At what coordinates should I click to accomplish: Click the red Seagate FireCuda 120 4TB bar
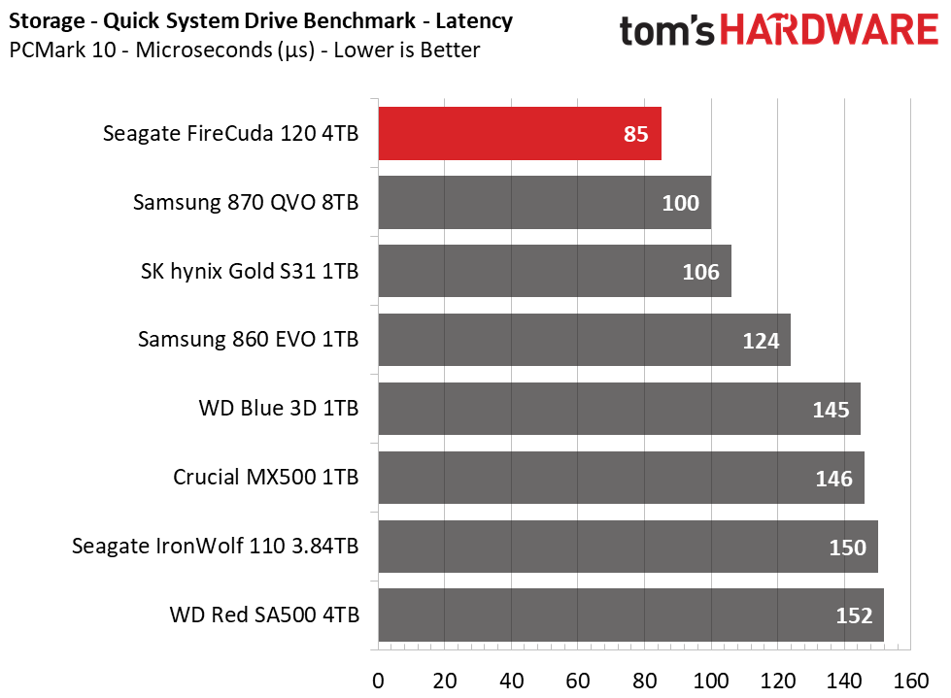point(520,134)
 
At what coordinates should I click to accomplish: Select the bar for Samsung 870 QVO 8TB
point(544,203)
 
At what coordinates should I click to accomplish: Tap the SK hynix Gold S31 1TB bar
point(554,272)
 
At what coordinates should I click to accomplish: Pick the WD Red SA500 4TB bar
point(630,615)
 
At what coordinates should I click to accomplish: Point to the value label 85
point(636,135)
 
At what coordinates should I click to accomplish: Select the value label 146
point(834,479)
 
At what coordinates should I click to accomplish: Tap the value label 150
point(847,548)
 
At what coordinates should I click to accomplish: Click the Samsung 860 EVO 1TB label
point(248,340)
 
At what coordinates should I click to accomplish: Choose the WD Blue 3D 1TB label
point(278,409)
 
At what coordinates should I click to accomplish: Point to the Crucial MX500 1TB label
point(265,478)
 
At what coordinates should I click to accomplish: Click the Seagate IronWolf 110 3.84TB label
point(215,547)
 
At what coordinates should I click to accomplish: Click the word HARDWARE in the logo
point(831,30)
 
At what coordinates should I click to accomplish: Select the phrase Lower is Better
point(407,50)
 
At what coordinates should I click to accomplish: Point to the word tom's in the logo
point(667,32)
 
